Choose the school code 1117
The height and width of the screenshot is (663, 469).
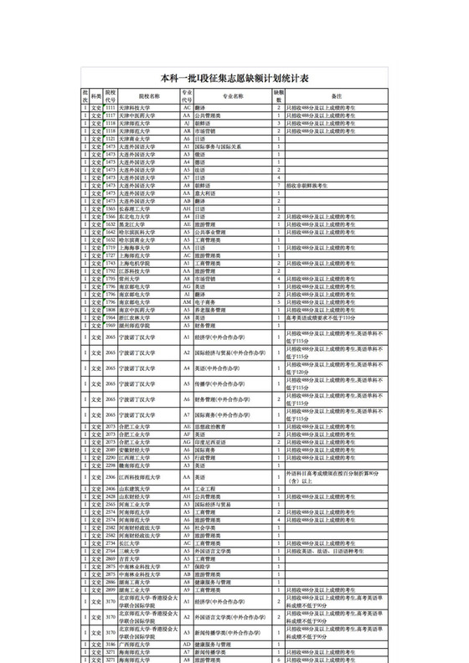click(110, 116)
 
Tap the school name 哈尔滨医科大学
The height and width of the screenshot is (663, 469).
click(136, 232)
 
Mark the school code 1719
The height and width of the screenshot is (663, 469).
click(110, 248)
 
